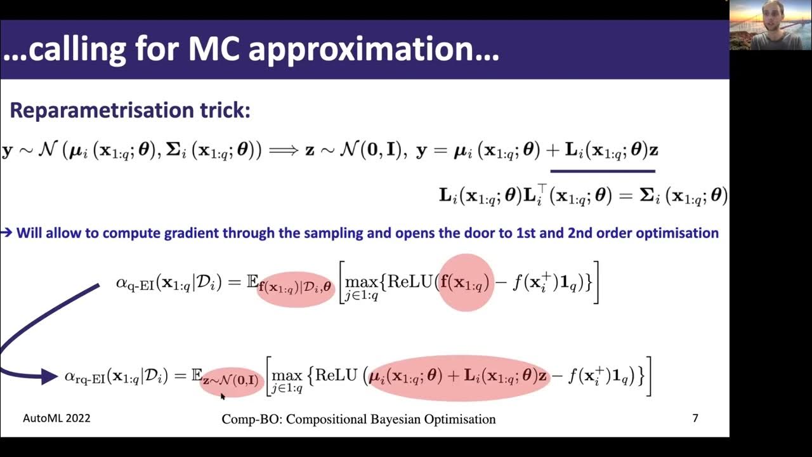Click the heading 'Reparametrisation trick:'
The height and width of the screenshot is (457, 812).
[x=130, y=110]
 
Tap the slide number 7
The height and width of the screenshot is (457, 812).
[x=695, y=418]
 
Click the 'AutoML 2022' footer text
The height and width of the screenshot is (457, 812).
[x=56, y=418]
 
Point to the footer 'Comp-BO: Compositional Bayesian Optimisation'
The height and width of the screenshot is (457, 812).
[x=358, y=419]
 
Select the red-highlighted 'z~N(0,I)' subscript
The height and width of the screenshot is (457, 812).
[x=231, y=381]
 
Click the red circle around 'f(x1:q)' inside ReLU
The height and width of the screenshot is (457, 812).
[x=465, y=283]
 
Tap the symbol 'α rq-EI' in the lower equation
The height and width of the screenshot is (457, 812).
[x=85, y=376]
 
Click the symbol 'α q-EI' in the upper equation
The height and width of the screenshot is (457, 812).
[x=135, y=283]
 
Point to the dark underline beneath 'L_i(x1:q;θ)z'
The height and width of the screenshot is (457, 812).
[x=602, y=171]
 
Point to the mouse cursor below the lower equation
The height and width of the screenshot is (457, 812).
[x=223, y=396]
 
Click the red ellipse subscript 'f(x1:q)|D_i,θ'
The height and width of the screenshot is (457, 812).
[x=295, y=288]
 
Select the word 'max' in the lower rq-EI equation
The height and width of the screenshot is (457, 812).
[x=287, y=375]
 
